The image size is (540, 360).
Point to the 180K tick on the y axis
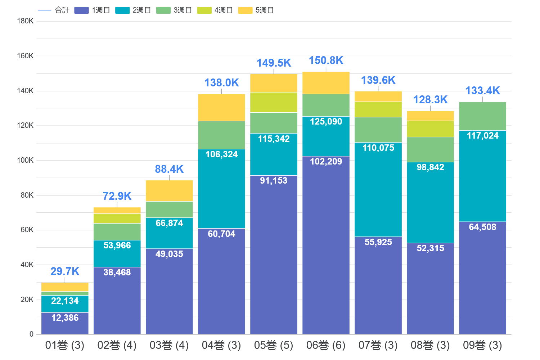point(25,21)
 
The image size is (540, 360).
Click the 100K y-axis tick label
point(25,161)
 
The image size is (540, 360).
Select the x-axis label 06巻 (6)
point(326,346)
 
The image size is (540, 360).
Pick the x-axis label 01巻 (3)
point(65,346)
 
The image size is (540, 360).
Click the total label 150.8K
point(326,60)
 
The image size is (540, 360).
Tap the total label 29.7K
point(65,271)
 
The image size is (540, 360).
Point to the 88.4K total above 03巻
point(169,169)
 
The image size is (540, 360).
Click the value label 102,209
point(326,162)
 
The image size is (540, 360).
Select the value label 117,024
point(482,136)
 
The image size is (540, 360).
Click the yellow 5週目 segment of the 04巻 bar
point(221,108)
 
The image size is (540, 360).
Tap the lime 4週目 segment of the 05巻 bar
point(274,103)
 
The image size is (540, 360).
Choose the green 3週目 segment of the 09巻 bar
point(482,116)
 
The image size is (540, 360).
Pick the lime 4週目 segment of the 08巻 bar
point(430,129)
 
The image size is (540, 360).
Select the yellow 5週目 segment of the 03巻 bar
point(169,191)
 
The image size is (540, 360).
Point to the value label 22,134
point(65,301)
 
